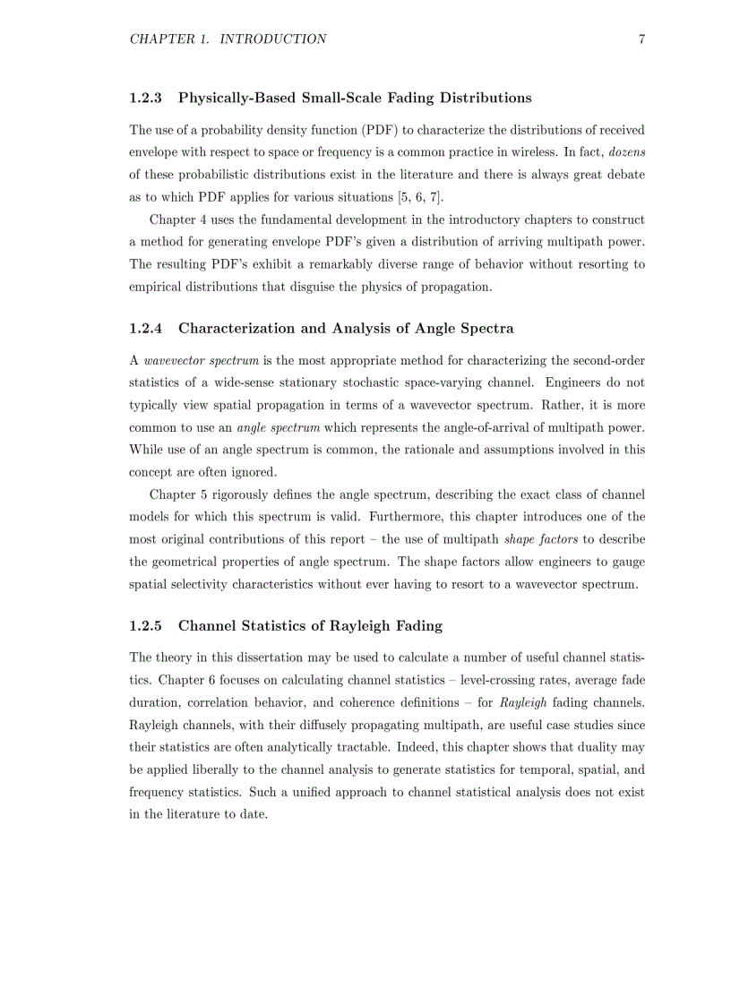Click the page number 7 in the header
641,39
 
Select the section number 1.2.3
146,98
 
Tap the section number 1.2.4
146,328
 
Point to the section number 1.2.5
146,625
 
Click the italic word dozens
627,152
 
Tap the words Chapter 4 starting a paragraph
179,219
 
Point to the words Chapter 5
179,494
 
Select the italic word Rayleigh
523,702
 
